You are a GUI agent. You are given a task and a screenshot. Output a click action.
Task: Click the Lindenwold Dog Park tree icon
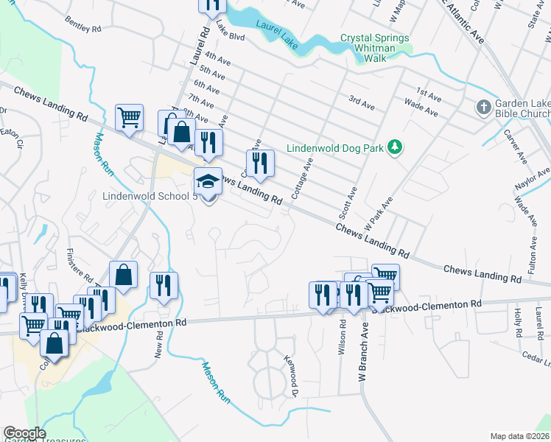tap(396, 148)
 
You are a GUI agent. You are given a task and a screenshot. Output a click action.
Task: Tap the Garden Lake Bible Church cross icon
tap(483, 108)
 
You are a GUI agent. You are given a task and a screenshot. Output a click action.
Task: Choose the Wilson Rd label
tap(343, 338)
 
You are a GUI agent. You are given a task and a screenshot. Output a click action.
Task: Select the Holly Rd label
tap(517, 322)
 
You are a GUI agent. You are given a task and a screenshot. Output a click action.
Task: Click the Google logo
tap(24, 433)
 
